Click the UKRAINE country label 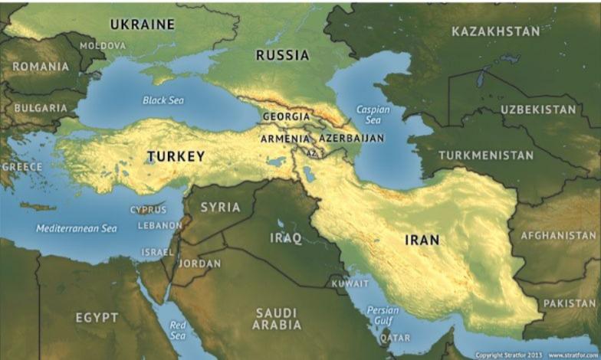[142, 25]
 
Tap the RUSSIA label [282, 55]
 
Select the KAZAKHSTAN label [495, 31]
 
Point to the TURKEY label [176, 156]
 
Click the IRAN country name [422, 240]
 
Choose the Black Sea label [164, 100]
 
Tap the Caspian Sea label [373, 115]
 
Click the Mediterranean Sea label [77, 228]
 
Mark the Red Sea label [177, 330]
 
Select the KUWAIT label [350, 283]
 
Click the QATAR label [395, 338]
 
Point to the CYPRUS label [148, 210]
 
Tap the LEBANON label [159, 226]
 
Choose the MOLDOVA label [103, 46]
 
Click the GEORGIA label [286, 116]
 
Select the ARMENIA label [285, 139]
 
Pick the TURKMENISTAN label [486, 155]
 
